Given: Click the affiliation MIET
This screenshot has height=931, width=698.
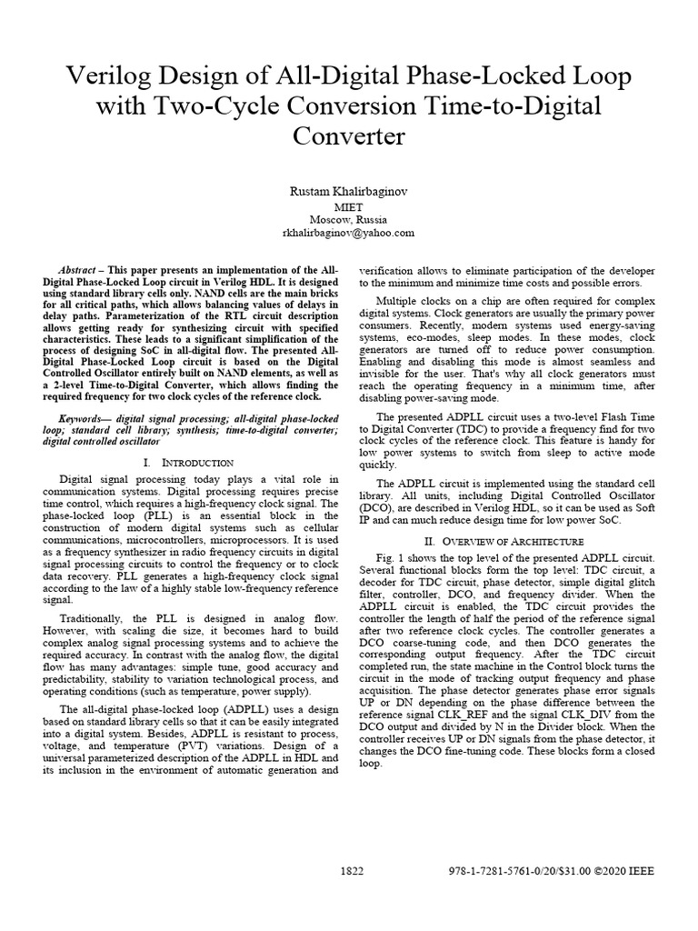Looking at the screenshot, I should [348, 206].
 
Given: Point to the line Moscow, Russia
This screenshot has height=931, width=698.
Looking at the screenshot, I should [348, 219].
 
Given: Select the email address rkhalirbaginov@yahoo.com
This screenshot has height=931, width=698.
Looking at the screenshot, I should [348, 233].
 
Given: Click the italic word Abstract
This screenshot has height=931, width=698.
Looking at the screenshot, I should [77, 272].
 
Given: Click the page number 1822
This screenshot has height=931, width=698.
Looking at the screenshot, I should [352, 871].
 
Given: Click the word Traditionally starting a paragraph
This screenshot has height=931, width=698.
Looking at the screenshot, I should [87, 604].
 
